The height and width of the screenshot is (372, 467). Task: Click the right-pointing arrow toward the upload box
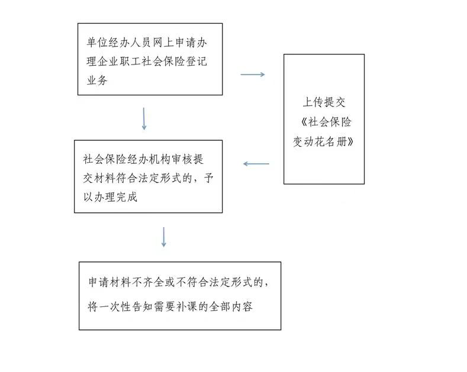(x=253, y=75)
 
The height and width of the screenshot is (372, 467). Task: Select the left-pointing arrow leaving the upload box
(x=256, y=164)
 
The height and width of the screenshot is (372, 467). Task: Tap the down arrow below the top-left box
(x=144, y=119)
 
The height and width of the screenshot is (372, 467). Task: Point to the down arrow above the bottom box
(x=163, y=237)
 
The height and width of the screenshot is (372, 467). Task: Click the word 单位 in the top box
(x=97, y=43)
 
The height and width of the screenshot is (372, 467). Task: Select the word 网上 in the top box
(x=163, y=43)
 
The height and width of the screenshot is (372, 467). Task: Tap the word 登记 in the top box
(x=197, y=62)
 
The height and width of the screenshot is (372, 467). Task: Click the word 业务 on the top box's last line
(x=97, y=80)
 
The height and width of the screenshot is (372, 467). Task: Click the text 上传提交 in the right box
(x=324, y=102)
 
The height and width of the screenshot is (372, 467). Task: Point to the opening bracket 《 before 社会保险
(x=304, y=122)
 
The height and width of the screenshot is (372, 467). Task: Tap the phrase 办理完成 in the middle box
(x=115, y=197)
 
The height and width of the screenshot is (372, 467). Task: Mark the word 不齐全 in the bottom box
(x=148, y=282)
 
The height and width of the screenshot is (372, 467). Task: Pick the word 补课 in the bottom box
(x=186, y=306)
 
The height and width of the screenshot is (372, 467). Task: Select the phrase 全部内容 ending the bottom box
(x=231, y=306)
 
